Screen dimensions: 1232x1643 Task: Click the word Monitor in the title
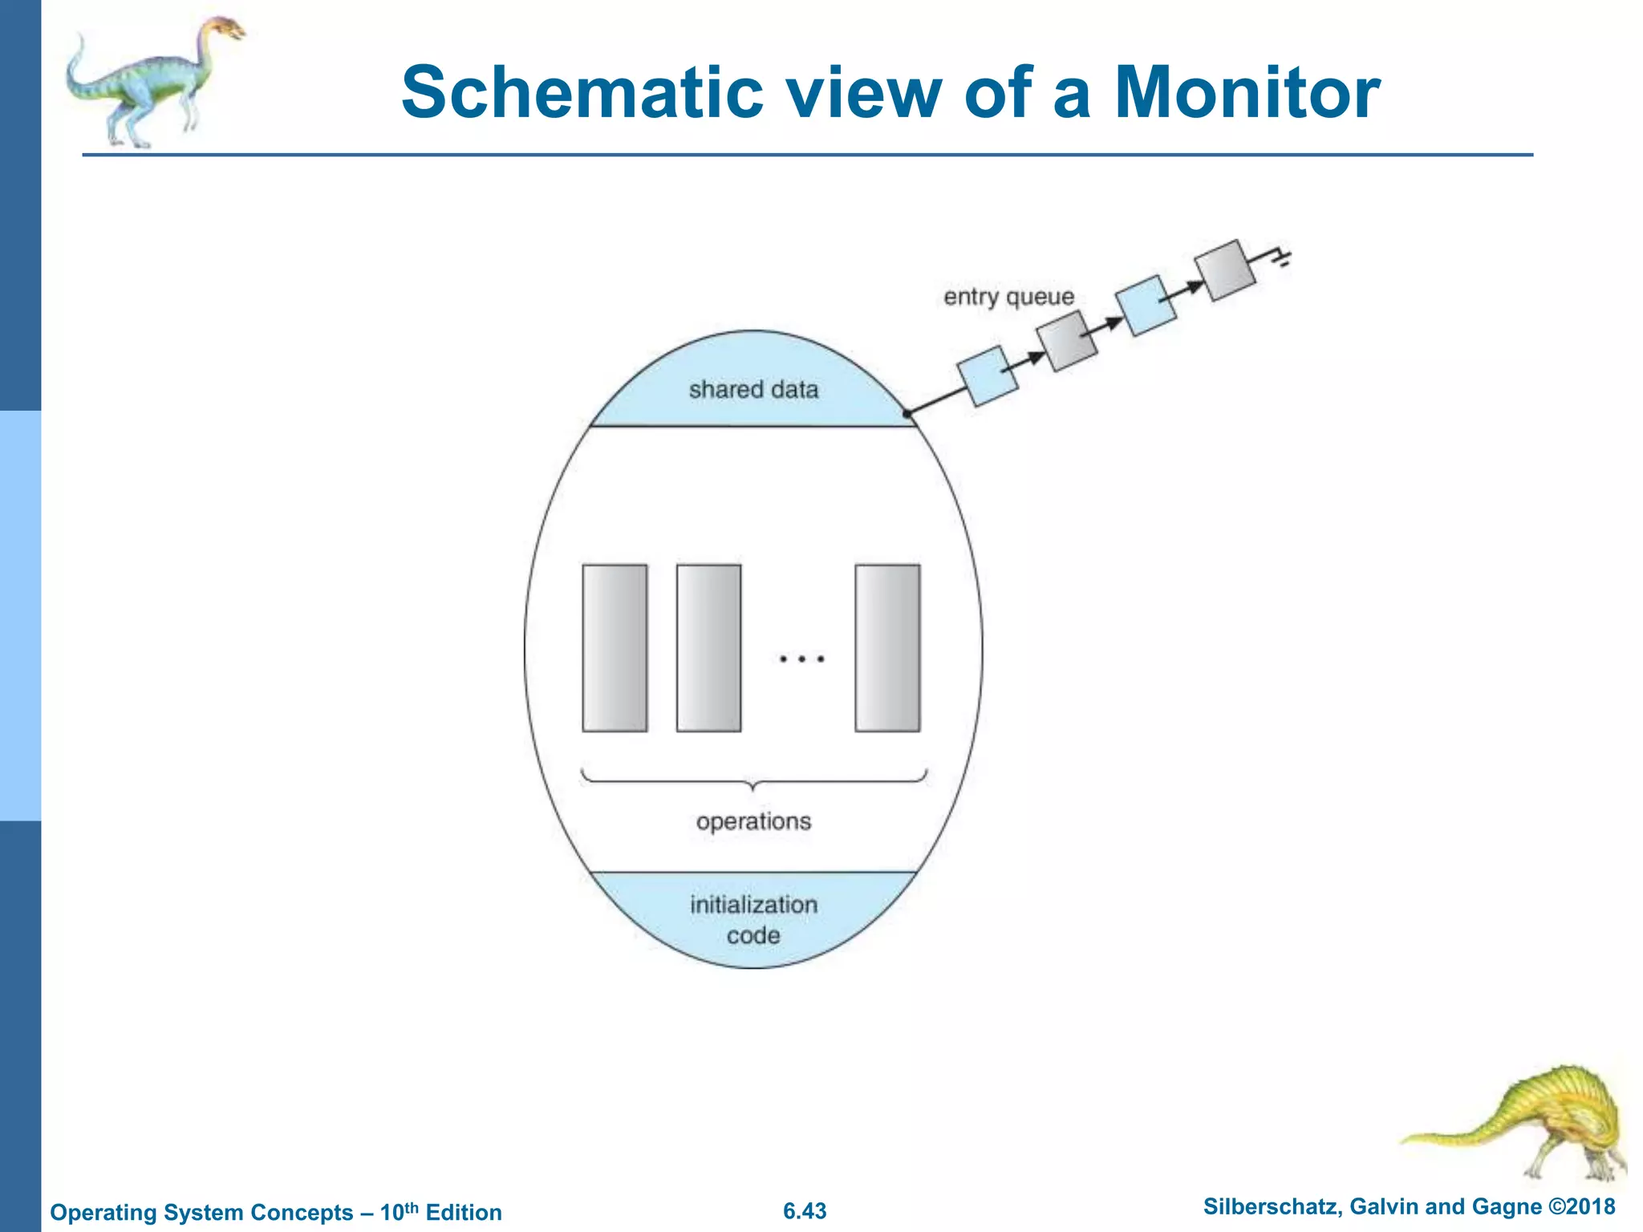tap(1247, 93)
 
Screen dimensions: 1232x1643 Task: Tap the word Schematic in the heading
tap(582, 93)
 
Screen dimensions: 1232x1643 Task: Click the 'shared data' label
tap(753, 390)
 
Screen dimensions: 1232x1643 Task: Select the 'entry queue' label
tap(1008, 297)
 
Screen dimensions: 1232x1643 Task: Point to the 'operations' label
tap(753, 821)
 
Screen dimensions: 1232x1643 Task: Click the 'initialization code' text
tap(753, 919)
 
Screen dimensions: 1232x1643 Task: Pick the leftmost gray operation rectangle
tap(615, 648)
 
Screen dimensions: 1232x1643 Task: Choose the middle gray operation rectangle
tap(708, 648)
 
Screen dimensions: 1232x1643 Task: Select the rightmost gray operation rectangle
tap(887, 648)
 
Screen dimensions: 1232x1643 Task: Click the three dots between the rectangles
tap(801, 659)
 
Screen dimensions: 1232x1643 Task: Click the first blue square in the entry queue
tap(988, 375)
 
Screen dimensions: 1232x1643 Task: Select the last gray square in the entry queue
tap(1224, 270)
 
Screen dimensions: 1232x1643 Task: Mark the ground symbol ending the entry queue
tap(1282, 258)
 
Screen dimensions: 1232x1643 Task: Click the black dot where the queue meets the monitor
tap(907, 413)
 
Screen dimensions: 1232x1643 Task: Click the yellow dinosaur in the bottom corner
tap(1524, 1123)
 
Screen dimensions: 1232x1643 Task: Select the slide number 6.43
tap(805, 1211)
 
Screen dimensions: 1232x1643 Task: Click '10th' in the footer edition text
tap(400, 1211)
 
